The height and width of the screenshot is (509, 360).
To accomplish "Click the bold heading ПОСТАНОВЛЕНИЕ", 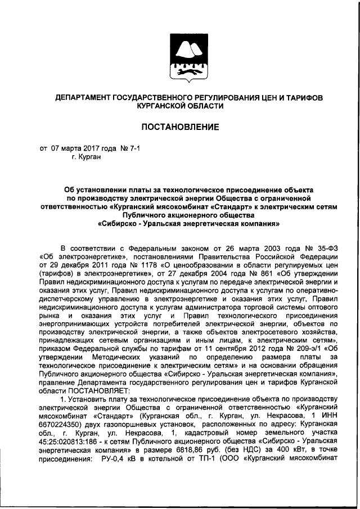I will [180, 127].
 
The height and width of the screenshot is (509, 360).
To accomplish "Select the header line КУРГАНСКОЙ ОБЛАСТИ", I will [180, 105].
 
